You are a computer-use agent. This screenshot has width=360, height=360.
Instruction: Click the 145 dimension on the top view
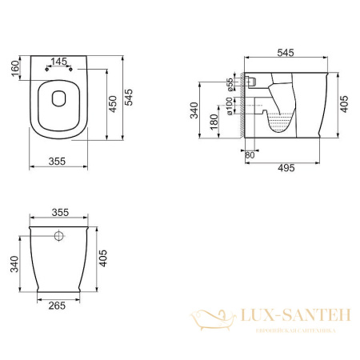pyautogui.click(x=58, y=61)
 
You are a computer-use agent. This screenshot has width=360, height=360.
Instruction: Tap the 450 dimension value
pyautogui.click(x=113, y=102)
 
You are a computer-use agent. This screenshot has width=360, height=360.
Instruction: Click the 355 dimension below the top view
pyautogui.click(x=57, y=162)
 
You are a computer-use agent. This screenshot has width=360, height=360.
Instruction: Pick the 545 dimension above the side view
pyautogui.click(x=286, y=53)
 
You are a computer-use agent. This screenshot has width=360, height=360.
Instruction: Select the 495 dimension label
pyautogui.click(x=286, y=167)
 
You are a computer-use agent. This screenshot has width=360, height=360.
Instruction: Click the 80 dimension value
pyautogui.click(x=249, y=155)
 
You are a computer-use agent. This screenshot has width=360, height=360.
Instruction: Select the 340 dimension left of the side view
pyautogui.click(x=194, y=110)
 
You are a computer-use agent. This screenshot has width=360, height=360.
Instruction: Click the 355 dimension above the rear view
pyautogui.click(x=57, y=213)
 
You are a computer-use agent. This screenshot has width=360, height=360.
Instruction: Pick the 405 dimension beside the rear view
pyautogui.click(x=105, y=258)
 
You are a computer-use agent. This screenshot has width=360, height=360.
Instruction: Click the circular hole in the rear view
pyautogui.click(x=58, y=237)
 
